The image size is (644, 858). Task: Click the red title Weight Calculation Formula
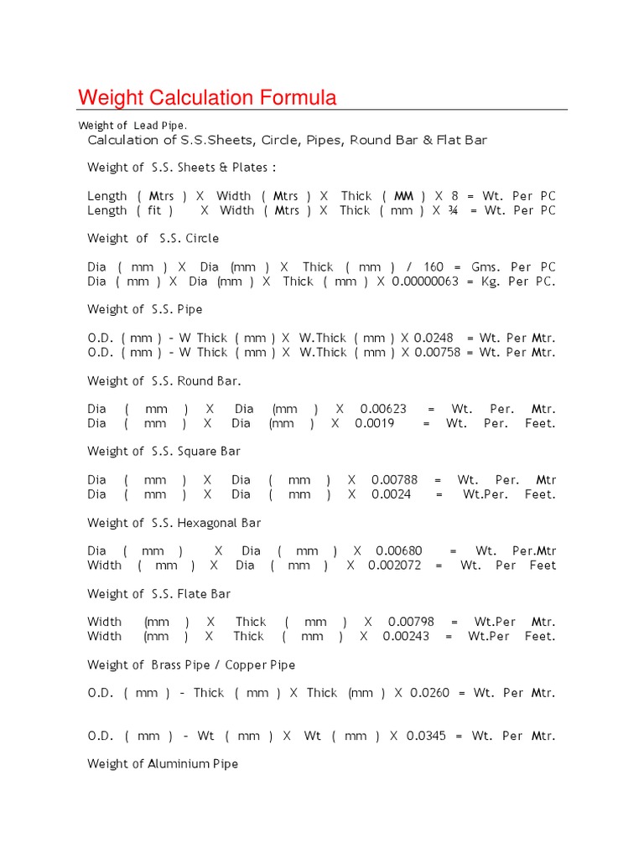point(207,98)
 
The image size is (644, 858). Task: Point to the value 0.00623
point(383,410)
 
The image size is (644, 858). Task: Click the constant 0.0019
point(373,424)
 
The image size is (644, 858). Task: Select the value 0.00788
point(394,481)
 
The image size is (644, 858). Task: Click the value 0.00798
point(411,623)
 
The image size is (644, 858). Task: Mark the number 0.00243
point(406,637)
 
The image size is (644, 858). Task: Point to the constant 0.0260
point(429,694)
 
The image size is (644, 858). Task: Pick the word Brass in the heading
point(167,665)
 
